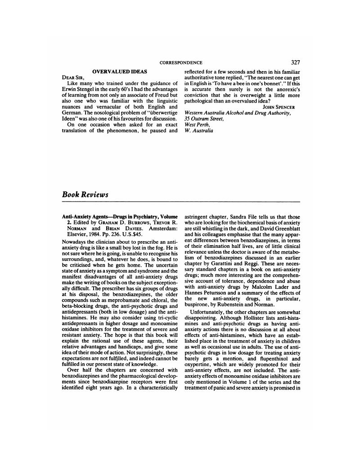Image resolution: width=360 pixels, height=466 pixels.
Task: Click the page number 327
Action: [296, 62]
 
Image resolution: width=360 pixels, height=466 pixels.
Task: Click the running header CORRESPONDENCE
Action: [181, 63]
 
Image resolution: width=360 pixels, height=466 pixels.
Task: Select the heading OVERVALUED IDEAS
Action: [120, 72]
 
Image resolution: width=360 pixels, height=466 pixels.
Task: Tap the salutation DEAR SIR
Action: [72, 77]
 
